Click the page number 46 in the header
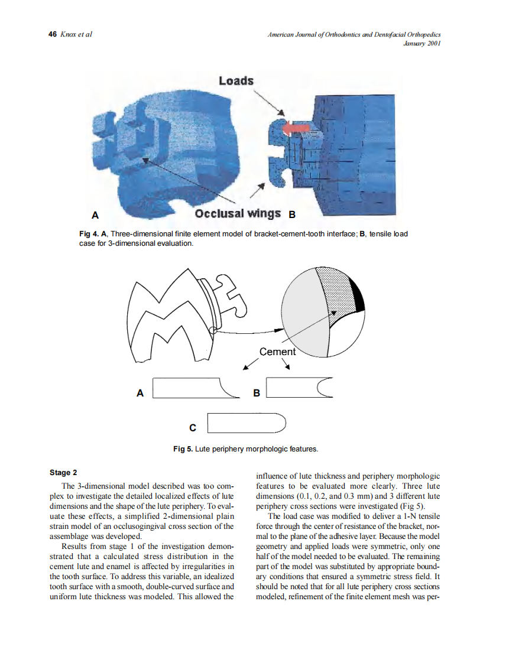[x=51, y=34]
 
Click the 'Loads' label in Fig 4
[x=236, y=80]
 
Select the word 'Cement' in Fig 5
[x=277, y=352]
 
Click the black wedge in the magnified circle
[x=357, y=294]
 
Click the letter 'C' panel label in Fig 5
[x=193, y=427]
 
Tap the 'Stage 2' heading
[x=63, y=473]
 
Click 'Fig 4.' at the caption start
[x=89, y=234]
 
